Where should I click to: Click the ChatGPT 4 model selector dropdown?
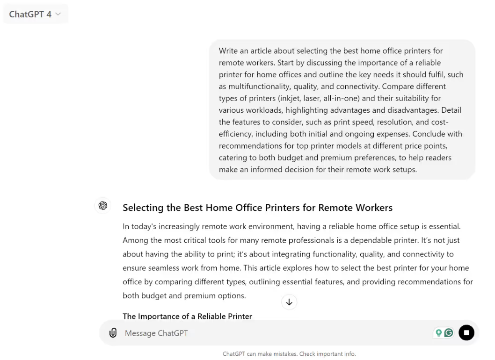[35, 14]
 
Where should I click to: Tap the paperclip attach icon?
[113, 333]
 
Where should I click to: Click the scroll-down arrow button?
[289, 302]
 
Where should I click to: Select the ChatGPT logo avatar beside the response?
[103, 206]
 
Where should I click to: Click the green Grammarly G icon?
[449, 333]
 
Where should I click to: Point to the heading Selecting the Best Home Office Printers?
[257, 208]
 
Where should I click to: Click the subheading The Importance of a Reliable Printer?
[187, 317]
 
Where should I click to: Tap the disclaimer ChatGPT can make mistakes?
[289, 354]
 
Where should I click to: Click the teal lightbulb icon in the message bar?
[439, 333]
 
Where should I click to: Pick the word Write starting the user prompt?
[228, 50]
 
